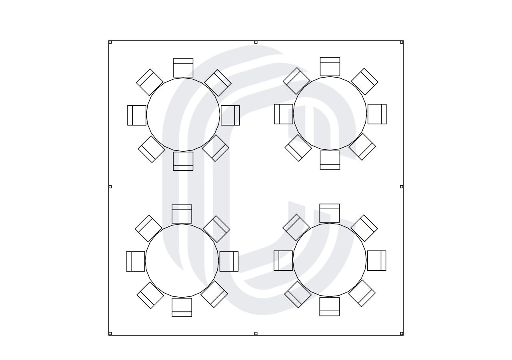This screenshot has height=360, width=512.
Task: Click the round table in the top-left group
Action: (183, 115)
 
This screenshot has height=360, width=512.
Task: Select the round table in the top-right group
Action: (330, 114)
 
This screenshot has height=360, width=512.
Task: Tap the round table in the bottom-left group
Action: (182, 261)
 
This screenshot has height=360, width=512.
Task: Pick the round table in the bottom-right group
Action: (330, 260)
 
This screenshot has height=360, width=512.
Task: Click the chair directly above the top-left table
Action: (183, 68)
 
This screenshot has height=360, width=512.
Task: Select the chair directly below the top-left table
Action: (183, 161)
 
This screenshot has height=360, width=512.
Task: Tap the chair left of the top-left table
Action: (137, 115)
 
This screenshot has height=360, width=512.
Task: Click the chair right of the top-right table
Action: (377, 114)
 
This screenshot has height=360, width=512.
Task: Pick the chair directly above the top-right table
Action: (330, 66)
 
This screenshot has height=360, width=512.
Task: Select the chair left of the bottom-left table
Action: (136, 261)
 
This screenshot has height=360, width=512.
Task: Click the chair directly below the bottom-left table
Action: (182, 307)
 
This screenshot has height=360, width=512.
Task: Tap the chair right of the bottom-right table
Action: (377, 260)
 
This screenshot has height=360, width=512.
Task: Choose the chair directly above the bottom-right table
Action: (330, 213)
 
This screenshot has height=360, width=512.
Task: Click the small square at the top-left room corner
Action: (110, 42)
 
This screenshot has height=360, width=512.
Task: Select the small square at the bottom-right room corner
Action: (402, 334)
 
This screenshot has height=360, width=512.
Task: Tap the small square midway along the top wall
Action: (256, 42)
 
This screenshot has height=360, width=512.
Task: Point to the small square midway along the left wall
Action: (110, 186)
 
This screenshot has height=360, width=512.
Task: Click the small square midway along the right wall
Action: (402, 186)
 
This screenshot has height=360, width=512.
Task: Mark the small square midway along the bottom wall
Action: (256, 334)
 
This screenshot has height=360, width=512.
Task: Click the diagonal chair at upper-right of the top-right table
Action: (364, 82)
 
